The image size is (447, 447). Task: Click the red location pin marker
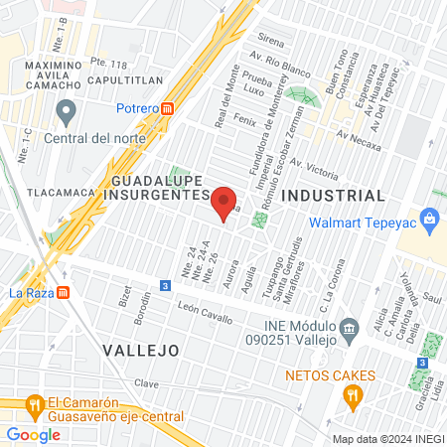(x=224, y=201)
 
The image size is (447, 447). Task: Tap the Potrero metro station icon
(x=168, y=108)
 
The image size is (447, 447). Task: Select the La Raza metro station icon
(x=64, y=293)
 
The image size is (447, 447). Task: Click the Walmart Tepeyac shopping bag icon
(x=430, y=217)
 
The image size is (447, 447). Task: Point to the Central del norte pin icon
(x=67, y=109)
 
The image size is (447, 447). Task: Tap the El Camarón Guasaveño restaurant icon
(x=34, y=405)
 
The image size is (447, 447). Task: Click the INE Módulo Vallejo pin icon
(x=349, y=328)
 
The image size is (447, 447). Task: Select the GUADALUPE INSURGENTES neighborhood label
(x=157, y=189)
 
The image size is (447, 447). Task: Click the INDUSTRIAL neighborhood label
(x=333, y=196)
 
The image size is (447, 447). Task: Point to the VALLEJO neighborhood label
(x=139, y=351)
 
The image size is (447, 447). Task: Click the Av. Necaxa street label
(x=359, y=137)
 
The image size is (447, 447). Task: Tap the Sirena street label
(x=271, y=44)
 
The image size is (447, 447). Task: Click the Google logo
(x=33, y=434)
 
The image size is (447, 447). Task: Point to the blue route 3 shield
(x=164, y=287)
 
